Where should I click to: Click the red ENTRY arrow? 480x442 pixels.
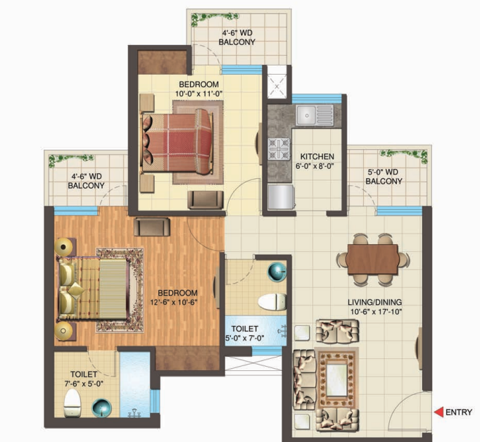[438, 412]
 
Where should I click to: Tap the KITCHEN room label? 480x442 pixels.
[317, 156]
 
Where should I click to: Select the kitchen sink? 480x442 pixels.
[315, 115]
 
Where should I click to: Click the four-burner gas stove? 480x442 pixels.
[279, 149]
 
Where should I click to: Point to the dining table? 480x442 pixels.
[372, 259]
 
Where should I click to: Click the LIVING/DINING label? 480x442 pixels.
[374, 302]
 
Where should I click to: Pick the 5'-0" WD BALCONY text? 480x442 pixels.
[384, 177]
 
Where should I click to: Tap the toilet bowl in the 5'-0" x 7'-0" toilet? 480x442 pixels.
[272, 301]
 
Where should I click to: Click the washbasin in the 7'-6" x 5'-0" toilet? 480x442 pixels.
[102, 408]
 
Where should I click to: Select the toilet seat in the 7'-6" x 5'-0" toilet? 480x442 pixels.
[72, 403]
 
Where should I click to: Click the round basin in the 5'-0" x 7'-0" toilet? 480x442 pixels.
[277, 272]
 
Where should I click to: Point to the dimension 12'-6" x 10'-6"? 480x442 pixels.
[174, 303]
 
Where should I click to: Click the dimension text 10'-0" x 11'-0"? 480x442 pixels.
[198, 94]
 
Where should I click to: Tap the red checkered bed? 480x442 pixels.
[177, 142]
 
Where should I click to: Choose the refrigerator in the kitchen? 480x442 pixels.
[281, 197]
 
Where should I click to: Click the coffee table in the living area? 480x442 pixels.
[337, 379]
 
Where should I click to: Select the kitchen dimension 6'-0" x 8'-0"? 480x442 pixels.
[315, 166]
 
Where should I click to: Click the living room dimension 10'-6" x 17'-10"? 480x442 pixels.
[376, 312]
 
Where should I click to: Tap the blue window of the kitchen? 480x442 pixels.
[317, 99]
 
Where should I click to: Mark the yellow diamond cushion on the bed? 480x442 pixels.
[76, 290]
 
